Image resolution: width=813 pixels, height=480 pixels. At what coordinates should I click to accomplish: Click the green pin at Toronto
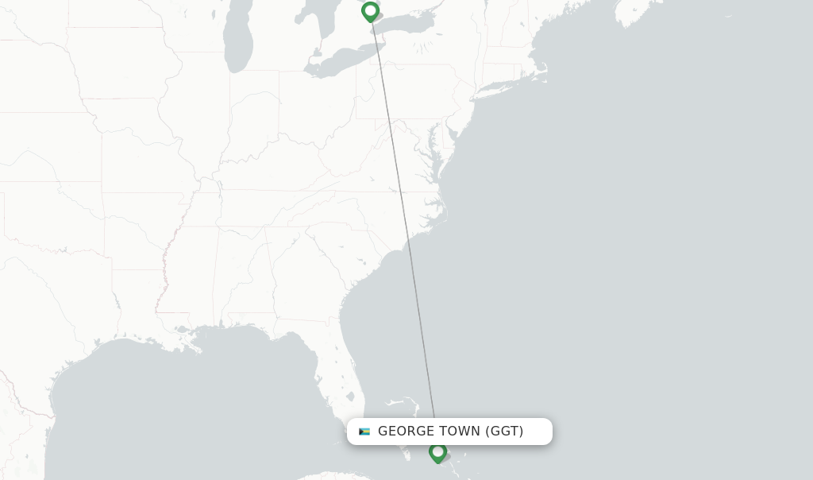[370, 12]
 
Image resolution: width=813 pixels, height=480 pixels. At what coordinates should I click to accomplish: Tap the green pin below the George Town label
[437, 452]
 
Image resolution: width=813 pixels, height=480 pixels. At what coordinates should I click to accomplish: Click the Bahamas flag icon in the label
[364, 432]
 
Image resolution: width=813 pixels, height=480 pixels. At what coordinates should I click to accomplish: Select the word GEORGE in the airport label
[405, 432]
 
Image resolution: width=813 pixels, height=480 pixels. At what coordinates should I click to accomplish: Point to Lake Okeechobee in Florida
[350, 396]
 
